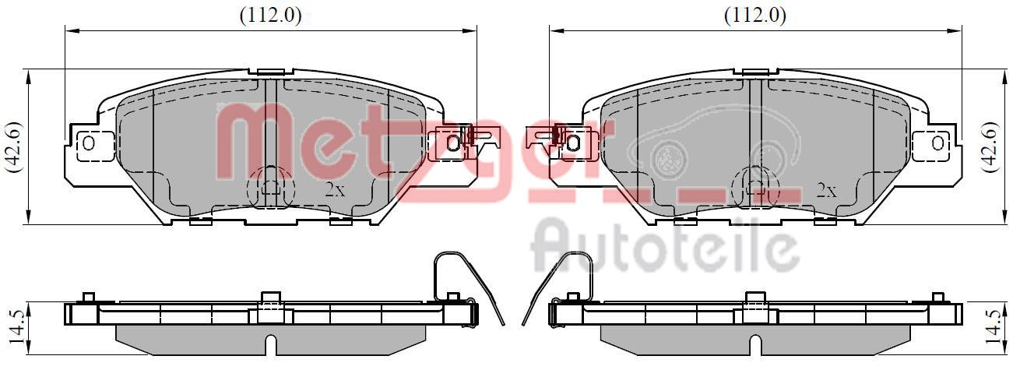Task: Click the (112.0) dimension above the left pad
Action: (x=270, y=16)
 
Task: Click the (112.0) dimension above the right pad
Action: (x=755, y=16)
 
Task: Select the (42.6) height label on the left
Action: (x=15, y=146)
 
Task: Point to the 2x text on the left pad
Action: (x=335, y=189)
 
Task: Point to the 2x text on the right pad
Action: (x=826, y=190)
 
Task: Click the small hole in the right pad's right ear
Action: (x=937, y=143)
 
